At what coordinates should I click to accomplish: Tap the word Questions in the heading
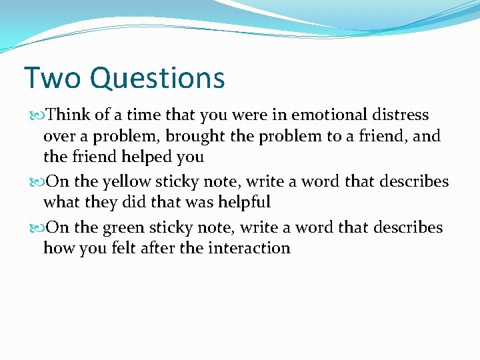(157, 79)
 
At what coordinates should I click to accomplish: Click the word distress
(401, 115)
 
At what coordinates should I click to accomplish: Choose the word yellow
(127, 182)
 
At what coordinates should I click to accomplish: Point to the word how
(57, 249)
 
